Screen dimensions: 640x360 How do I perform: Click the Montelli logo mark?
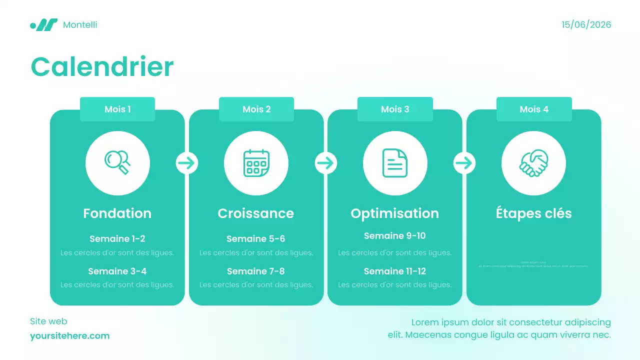[44, 25]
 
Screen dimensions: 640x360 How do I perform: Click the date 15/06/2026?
[586, 25]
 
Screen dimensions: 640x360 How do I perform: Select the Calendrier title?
[102, 66]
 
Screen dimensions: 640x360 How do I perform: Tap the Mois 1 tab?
[117, 109]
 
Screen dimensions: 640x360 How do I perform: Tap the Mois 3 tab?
[395, 109]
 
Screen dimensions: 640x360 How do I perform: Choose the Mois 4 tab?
[534, 109]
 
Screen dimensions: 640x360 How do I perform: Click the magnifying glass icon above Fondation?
[117, 163]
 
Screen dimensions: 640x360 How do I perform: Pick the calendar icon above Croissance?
[256, 163]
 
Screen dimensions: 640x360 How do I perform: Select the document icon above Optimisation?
[395, 163]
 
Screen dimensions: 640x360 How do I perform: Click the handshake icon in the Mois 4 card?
[533, 163]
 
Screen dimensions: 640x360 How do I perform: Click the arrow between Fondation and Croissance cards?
[187, 163]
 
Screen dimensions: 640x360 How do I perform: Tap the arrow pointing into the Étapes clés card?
[464, 163]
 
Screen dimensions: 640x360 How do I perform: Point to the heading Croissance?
[256, 213]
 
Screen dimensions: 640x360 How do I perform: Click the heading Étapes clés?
[533, 213]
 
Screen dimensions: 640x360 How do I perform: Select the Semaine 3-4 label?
[117, 271]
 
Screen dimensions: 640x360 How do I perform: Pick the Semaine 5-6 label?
[256, 239]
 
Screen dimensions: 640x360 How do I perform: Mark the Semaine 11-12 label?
[395, 271]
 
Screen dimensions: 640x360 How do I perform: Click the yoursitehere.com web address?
[69, 336]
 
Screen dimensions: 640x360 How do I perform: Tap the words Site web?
[48, 321]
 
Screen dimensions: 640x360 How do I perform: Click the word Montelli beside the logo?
[80, 25]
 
